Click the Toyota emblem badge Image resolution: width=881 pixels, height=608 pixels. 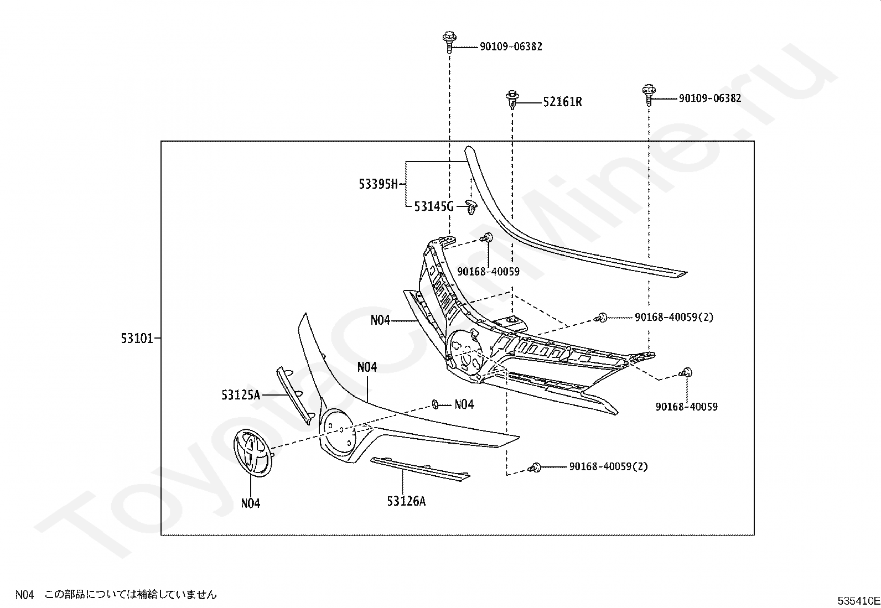tap(253, 453)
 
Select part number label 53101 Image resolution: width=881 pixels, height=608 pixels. tap(137, 338)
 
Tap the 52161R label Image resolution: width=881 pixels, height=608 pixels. tap(562, 102)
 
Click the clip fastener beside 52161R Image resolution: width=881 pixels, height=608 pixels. tap(512, 100)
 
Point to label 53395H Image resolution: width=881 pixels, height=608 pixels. tap(379, 184)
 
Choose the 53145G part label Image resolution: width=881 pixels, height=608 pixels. tap(434, 206)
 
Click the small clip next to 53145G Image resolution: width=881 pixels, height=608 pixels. tap(471, 206)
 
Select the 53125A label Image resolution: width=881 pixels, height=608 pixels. tap(241, 395)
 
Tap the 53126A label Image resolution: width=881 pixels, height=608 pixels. tap(406, 501)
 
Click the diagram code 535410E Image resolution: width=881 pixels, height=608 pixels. tap(858, 601)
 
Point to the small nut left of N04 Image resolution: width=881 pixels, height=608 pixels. tap(435, 404)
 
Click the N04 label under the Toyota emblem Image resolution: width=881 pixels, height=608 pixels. tap(251, 503)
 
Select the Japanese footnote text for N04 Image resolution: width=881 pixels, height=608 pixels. tap(130, 595)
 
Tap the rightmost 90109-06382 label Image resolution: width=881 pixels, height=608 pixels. tap(710, 98)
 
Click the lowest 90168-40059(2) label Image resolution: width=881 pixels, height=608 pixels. tap(608, 466)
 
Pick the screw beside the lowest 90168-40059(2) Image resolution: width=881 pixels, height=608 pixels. tap(535, 467)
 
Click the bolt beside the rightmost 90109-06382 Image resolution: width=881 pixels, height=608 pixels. tap(649, 95)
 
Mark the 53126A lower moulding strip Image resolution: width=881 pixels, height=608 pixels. tap(420, 469)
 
